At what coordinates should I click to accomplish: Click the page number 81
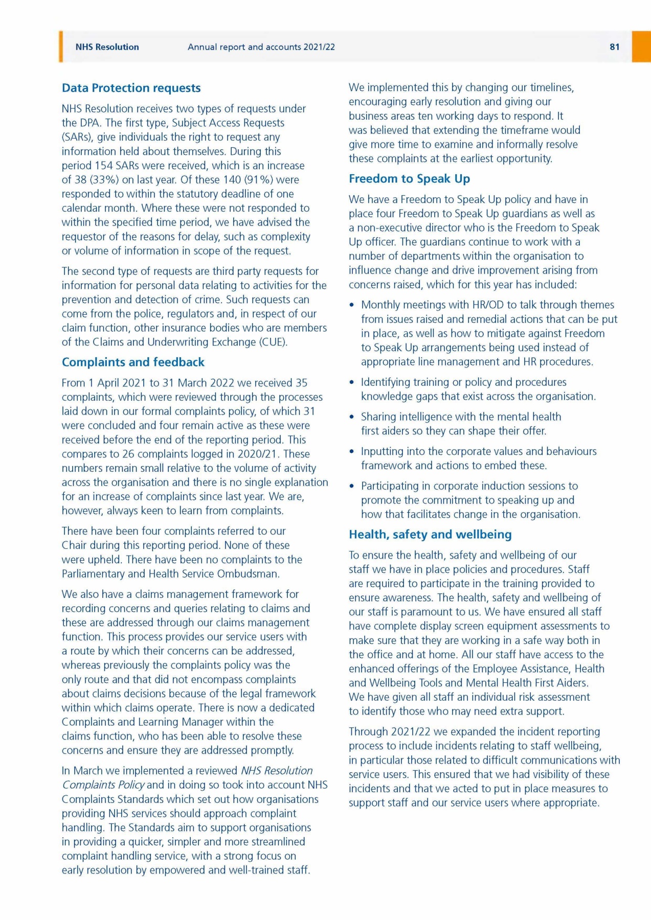pos(614,47)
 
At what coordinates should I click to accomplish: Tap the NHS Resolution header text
pos(107,47)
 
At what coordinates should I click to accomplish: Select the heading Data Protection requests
pos(131,88)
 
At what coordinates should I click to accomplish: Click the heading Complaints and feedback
pos(133,362)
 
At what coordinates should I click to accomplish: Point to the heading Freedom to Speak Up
pos(409,178)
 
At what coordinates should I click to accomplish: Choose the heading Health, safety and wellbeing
pos(430,534)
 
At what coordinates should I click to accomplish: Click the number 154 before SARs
pos(104,166)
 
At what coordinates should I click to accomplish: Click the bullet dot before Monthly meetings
pos(351,305)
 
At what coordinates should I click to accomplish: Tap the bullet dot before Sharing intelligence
pos(351,417)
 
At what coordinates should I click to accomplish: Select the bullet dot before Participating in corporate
pos(351,486)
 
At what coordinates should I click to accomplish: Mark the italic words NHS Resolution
pos(277,771)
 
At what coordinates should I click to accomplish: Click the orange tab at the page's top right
pos(641,47)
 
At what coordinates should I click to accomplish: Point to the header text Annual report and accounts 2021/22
pos(261,47)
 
